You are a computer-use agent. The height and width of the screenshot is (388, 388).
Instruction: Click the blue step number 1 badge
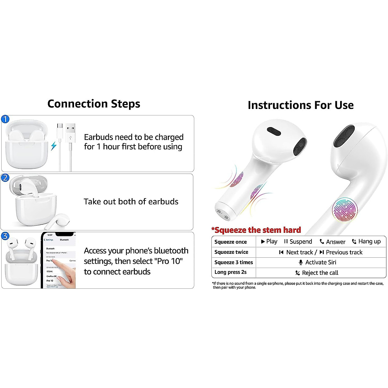pyautogui.click(x=5, y=119)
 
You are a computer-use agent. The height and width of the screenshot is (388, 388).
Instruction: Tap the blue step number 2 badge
pyautogui.click(x=5, y=178)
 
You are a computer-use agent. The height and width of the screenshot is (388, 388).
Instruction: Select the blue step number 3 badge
pyautogui.click(x=5, y=236)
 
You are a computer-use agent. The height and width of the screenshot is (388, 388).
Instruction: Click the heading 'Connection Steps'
pyautogui.click(x=94, y=104)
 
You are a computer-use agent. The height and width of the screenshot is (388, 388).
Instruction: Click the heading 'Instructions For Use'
pyautogui.click(x=300, y=105)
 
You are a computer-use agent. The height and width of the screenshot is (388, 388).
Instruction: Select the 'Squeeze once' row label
pyautogui.click(x=231, y=242)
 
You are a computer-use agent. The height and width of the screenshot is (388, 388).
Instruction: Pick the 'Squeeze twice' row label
pyautogui.click(x=231, y=252)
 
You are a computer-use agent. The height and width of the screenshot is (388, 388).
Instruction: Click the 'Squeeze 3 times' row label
pyautogui.click(x=233, y=262)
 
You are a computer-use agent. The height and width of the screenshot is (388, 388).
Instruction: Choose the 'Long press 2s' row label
pyautogui.click(x=231, y=272)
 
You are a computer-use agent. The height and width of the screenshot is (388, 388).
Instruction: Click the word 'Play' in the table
pyautogui.click(x=272, y=242)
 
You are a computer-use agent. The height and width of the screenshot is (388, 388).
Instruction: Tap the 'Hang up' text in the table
pyautogui.click(x=369, y=242)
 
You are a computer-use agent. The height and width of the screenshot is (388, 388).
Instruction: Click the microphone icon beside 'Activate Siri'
pyautogui.click(x=301, y=262)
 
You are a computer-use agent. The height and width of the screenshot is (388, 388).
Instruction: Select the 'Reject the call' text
pyautogui.click(x=320, y=273)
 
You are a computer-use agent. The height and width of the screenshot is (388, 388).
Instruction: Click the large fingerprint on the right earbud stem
pyautogui.click(x=345, y=210)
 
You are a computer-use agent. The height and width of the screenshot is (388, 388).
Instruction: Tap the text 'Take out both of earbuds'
pyautogui.click(x=131, y=202)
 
